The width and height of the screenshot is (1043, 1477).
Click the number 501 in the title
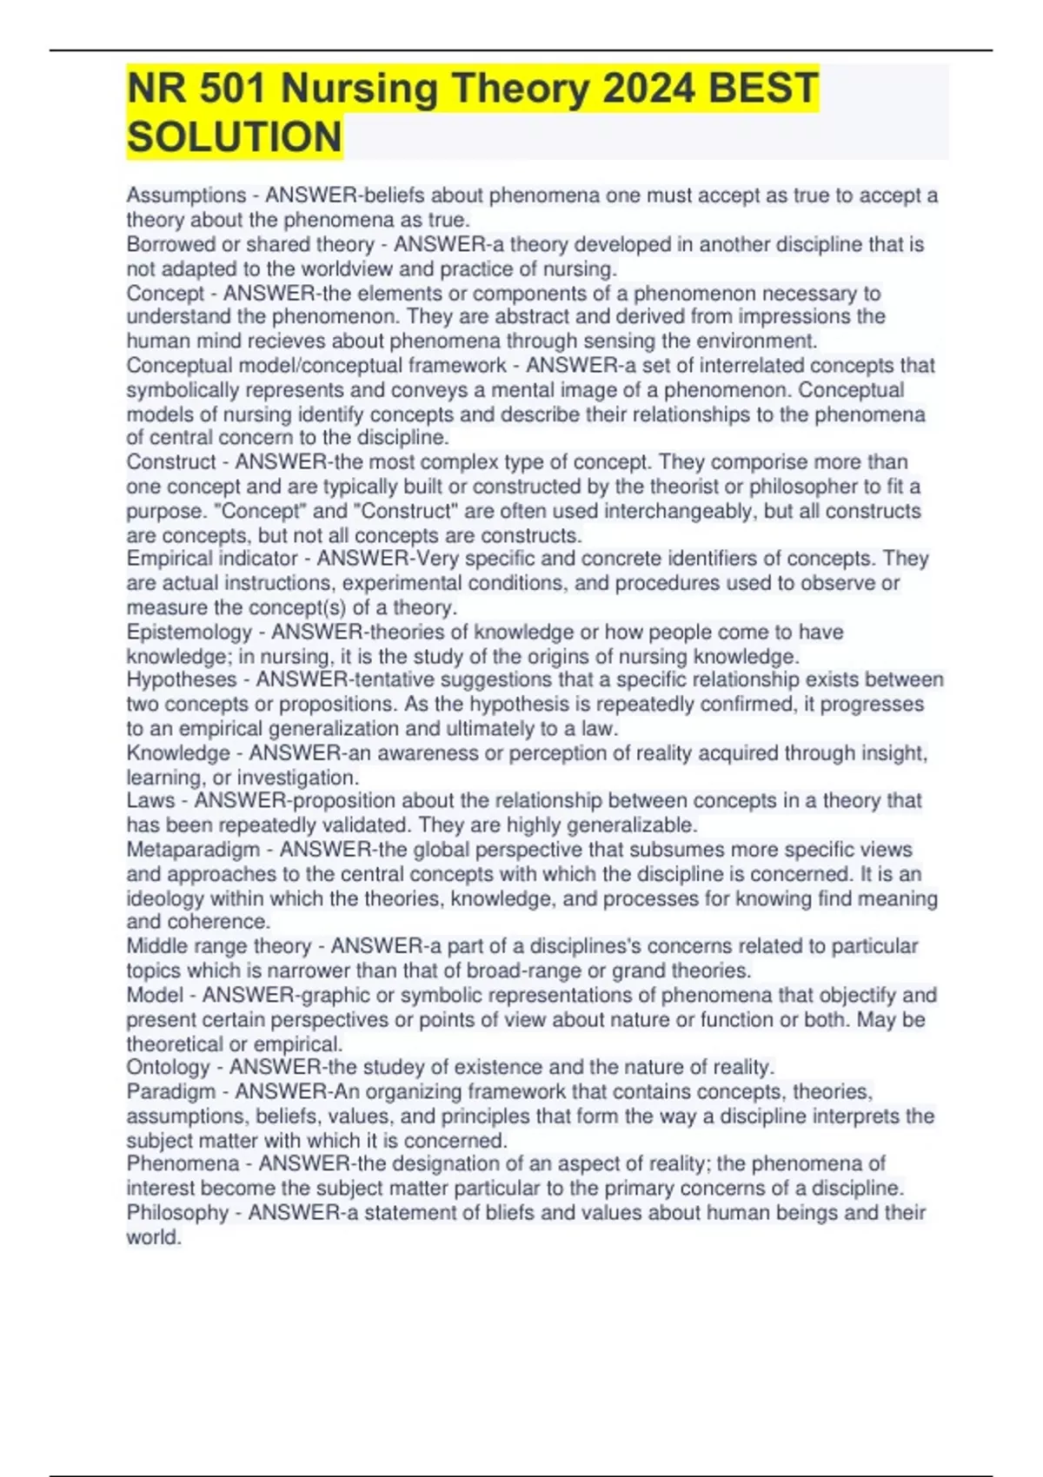pyautogui.click(x=231, y=89)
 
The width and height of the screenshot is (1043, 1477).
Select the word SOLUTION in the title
pyautogui.click(x=235, y=137)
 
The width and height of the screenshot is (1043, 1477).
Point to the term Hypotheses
pyautogui.click(x=182, y=680)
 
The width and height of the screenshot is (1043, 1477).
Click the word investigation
pyautogui.click(x=297, y=778)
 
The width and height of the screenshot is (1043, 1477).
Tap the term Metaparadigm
pyautogui.click(x=193, y=850)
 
